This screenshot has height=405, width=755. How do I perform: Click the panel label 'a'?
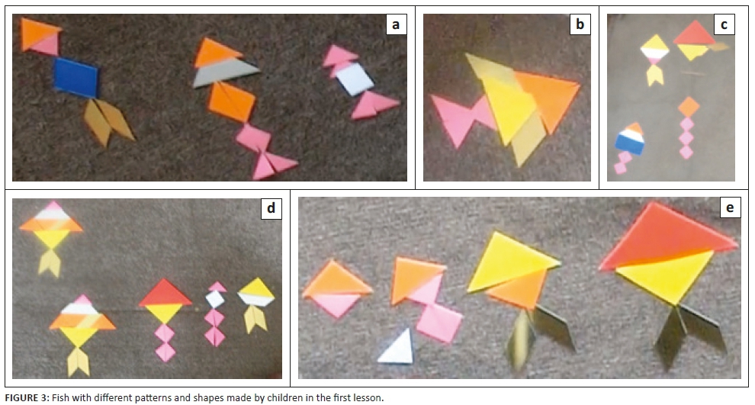[x=396, y=24]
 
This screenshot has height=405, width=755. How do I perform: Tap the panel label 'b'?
[x=580, y=24]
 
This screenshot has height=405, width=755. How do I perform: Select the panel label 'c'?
[x=724, y=24]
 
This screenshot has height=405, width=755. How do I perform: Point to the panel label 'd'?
[x=271, y=208]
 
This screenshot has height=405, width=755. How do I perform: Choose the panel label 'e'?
[x=730, y=207]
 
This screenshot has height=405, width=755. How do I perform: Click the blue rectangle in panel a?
[x=75, y=77]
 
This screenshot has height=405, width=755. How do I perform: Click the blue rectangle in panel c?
[x=629, y=144]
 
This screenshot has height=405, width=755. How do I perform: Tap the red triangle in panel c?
[x=694, y=34]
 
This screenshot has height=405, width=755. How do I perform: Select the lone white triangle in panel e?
[x=397, y=348]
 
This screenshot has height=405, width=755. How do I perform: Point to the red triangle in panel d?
[x=165, y=294]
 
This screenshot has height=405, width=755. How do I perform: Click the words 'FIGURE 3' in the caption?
[x=27, y=398]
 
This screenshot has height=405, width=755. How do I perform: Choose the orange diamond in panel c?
[x=689, y=107]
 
